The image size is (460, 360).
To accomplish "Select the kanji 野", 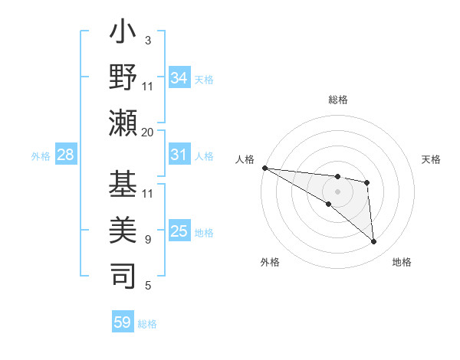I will coord(123,79).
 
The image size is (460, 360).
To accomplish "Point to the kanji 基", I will coord(123,185).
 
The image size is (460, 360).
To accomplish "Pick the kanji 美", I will coord(123,227).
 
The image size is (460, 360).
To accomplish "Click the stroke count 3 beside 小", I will coord(148,40).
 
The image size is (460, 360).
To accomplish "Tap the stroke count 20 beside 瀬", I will coord(148,132).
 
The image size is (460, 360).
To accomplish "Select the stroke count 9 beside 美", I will coord(148,239).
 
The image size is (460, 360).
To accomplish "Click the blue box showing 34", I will coord(179,78).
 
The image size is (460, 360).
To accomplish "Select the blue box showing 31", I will coord(179,155).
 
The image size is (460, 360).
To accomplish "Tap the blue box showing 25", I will coord(179,231).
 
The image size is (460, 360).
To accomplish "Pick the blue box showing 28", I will coord(66,155).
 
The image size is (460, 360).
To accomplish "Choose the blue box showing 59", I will coord(123,322).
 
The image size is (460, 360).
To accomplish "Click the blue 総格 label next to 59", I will coord(148,324).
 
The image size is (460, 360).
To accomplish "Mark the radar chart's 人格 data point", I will coord(264,168).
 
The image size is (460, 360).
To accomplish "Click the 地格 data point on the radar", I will coord(373,242).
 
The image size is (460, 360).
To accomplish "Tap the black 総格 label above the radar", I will coord(337,100).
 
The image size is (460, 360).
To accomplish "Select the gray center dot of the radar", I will coord(337,191).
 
